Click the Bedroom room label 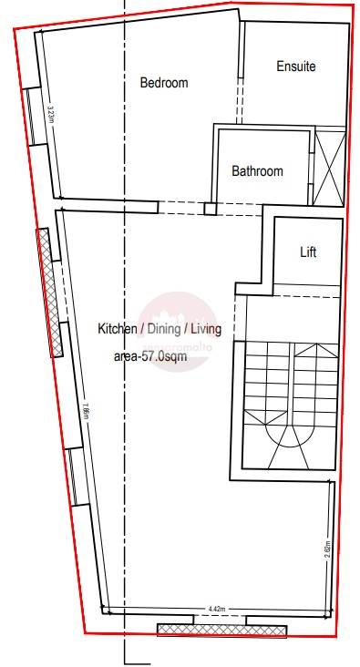(164, 83)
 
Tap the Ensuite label (296, 67)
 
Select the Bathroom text (257, 170)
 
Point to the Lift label (308, 252)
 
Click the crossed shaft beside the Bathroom (329, 167)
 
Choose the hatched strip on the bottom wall (221, 629)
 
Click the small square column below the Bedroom (211, 209)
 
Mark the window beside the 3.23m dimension (30, 115)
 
